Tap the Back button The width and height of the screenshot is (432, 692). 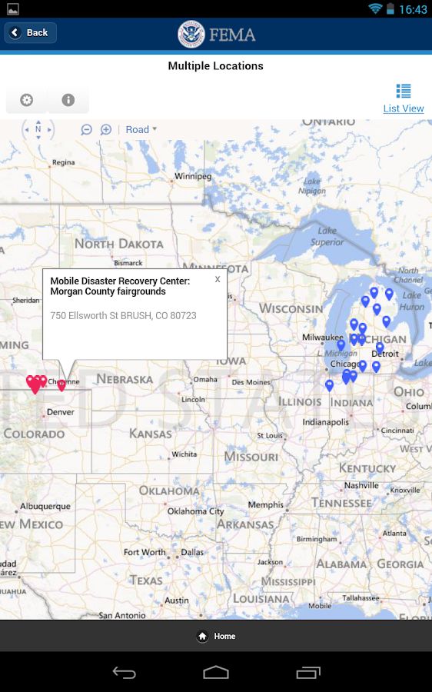pos(31,33)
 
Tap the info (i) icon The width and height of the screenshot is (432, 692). pos(68,100)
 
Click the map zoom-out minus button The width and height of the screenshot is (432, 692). pos(87,130)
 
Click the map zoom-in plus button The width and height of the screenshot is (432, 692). pos(106,130)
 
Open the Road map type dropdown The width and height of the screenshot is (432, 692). pos(141,130)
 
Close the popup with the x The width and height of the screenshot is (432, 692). pos(218,280)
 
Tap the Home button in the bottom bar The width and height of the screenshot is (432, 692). pos(216,636)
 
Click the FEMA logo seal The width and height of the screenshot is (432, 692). pos(191,34)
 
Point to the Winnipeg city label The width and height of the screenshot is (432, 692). pos(192,176)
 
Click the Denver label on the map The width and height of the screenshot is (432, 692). pos(61,412)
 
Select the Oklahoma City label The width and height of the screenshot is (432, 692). pos(195,511)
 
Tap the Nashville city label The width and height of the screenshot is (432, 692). pos(361,486)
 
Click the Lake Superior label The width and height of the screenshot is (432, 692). pos(327,236)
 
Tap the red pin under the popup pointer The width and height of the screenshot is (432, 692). pos(62,385)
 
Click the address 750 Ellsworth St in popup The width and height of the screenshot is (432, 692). pos(123,316)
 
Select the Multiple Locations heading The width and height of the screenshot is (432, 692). pos(216,66)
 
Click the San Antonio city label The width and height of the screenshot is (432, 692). pos(122,615)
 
